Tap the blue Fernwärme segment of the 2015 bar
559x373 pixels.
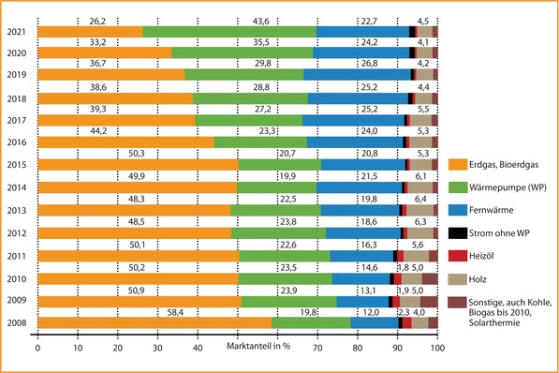(362, 165)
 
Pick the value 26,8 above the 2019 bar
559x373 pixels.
(370, 65)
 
